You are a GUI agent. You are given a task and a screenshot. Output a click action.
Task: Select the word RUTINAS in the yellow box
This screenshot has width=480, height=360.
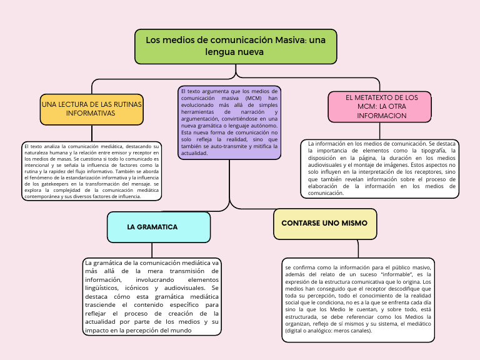126,104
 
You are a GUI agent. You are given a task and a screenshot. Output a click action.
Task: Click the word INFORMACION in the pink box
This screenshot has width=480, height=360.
382,116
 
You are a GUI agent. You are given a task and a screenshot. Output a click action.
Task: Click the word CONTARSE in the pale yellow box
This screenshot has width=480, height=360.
301,223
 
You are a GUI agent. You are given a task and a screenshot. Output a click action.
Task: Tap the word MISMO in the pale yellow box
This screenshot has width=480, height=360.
353,223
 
